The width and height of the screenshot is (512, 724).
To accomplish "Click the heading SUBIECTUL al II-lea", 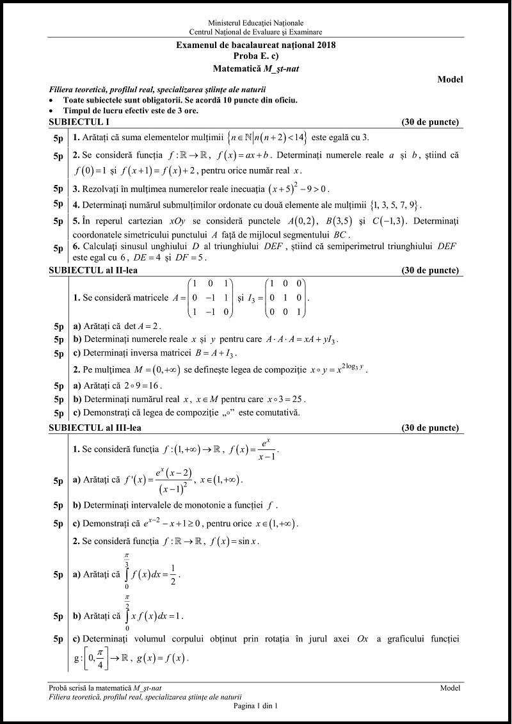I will (93, 270).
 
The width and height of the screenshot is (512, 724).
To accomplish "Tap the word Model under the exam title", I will (450, 79).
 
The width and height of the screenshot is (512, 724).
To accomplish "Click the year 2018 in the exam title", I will (326, 45).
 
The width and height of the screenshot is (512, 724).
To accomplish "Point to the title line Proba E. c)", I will (255, 56).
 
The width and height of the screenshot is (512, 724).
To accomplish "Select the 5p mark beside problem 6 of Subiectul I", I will (58, 249).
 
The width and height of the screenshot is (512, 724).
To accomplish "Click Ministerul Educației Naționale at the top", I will (255, 23).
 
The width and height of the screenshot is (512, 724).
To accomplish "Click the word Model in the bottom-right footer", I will (450, 688).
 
